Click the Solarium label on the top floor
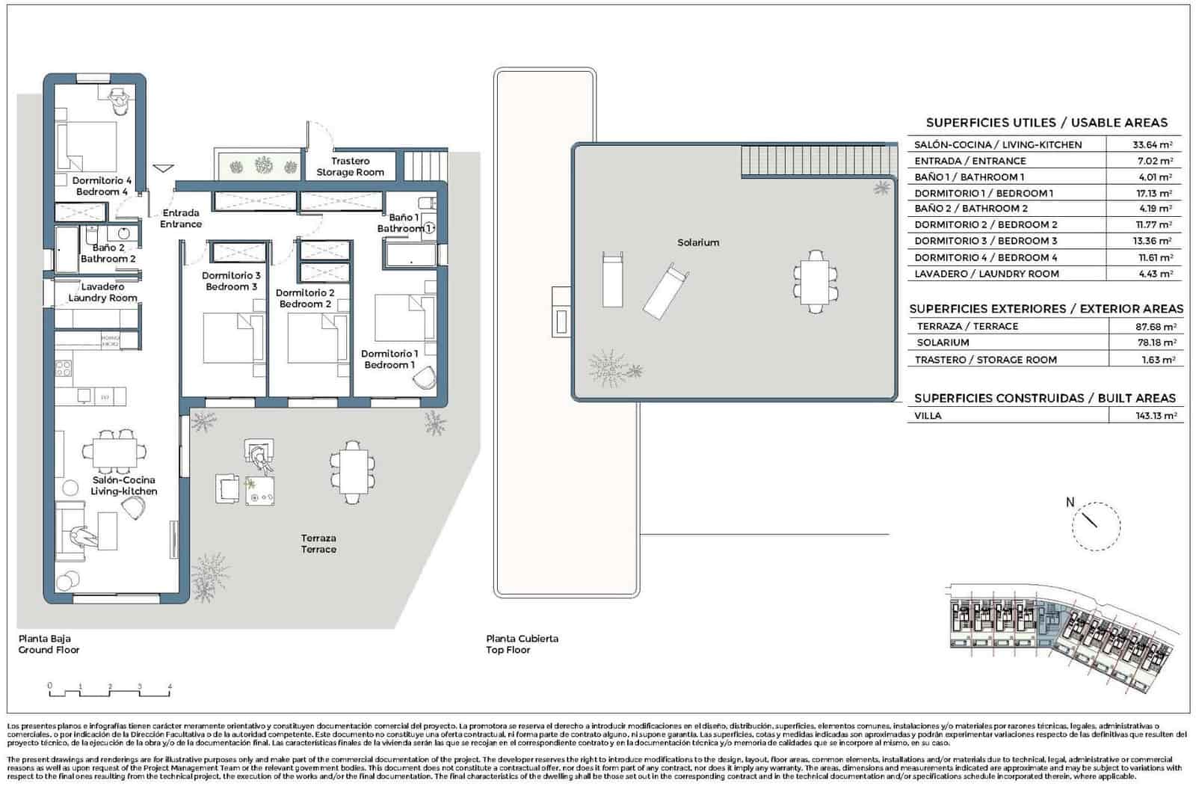698,242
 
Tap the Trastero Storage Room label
350,166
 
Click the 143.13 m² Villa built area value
1155,416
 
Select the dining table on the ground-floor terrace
350,470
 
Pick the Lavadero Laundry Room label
102,292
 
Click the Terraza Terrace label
318,544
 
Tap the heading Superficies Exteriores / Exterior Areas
1046,308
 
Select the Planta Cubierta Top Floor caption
522,644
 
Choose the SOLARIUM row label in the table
943,343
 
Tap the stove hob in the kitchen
64,369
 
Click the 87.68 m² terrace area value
1155,327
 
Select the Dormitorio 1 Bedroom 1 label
389,359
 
